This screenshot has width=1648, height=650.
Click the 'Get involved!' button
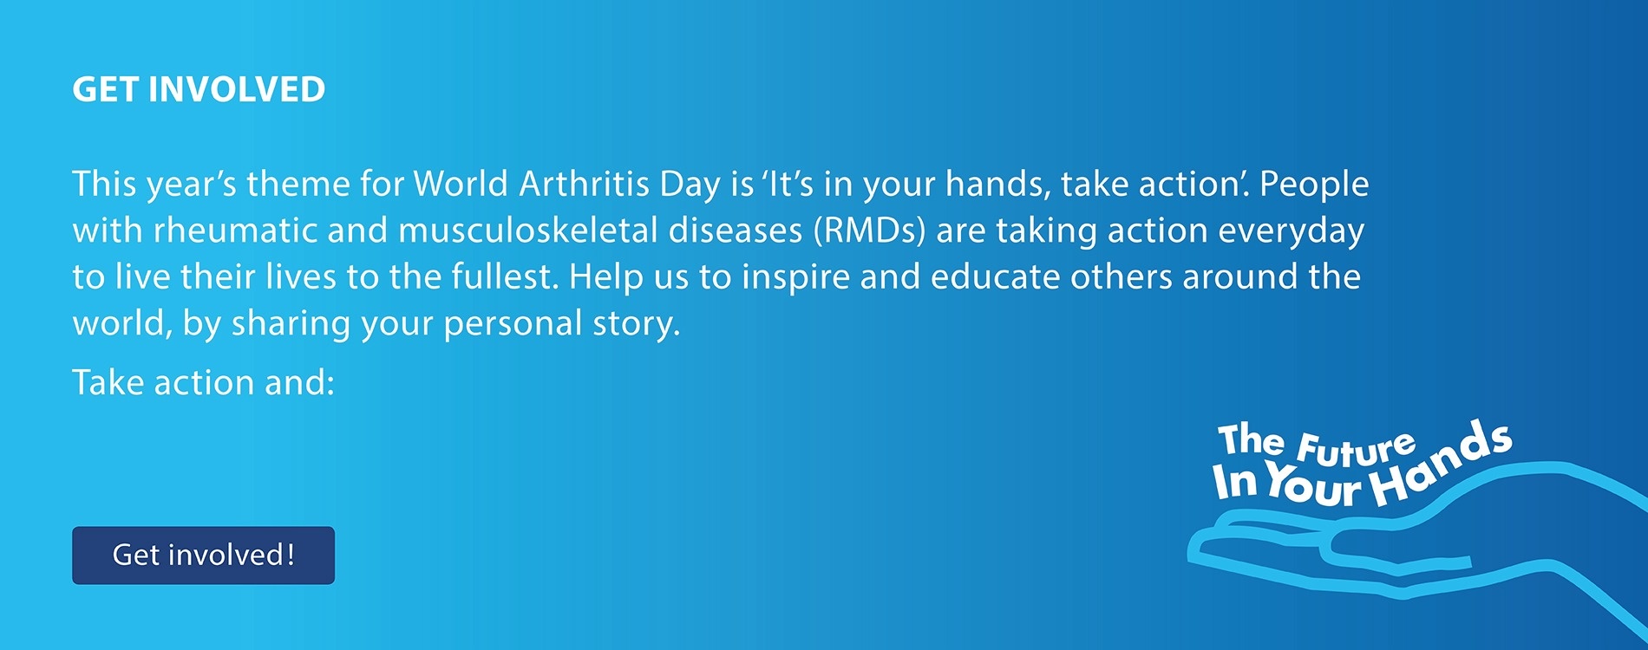(203, 555)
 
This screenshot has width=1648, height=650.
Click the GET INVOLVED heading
(199, 89)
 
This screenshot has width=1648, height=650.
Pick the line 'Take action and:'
(203, 382)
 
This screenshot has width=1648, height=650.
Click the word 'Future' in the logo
(1357, 448)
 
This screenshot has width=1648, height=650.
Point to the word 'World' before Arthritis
(461, 184)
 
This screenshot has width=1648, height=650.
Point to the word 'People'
(1314, 185)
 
